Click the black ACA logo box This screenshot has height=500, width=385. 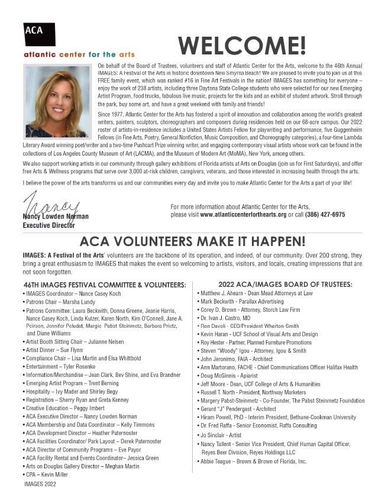coord(40,34)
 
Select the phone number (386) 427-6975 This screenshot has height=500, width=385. coord(325,214)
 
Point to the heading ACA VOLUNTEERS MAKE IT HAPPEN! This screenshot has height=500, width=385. coord(192,241)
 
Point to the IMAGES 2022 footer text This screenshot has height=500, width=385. coord(40,484)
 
